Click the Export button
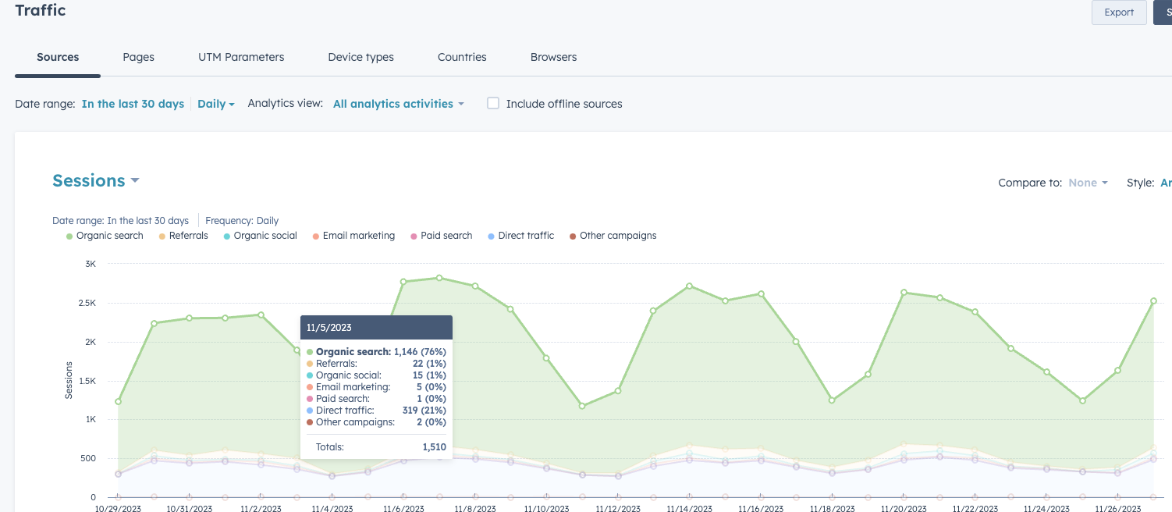pos(1118,12)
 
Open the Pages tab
pos(138,57)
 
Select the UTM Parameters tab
pos(241,57)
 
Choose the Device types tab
pos(360,57)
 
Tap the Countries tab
pos(462,57)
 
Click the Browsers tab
pos(553,57)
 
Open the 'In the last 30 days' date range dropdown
pos(133,104)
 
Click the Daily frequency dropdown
pos(215,104)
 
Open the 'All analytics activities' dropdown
pos(398,104)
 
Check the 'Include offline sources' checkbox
pos(493,103)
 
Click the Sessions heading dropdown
pos(95,180)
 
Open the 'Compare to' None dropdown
pos(1088,183)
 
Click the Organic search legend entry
pos(105,236)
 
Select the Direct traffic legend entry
pos(520,236)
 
